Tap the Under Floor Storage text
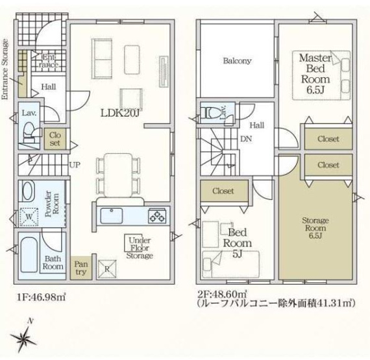point(140,247)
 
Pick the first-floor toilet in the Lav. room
point(29,132)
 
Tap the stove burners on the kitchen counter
point(157,214)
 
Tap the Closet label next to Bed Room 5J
point(223,191)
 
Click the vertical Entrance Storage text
point(6,67)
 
